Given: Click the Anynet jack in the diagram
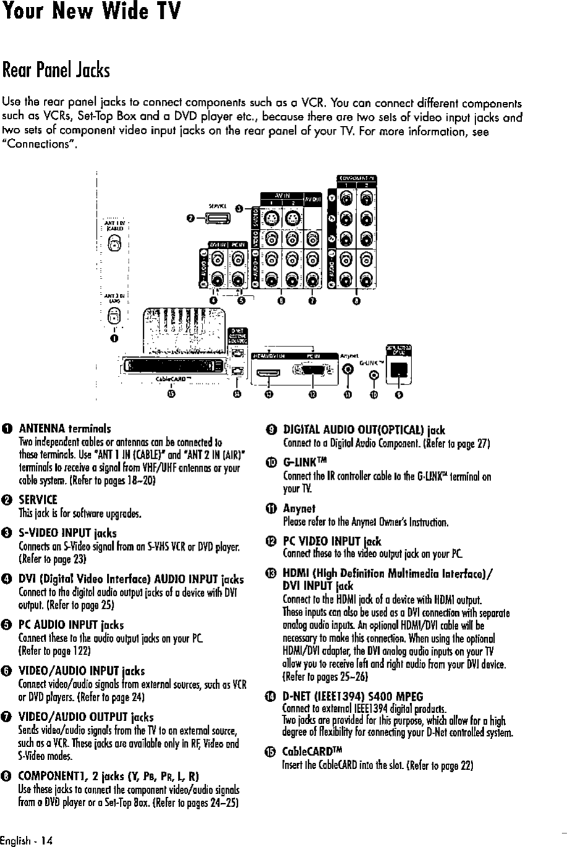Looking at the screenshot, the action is pyautogui.click(x=348, y=370).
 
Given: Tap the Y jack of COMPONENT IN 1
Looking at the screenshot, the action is pyautogui.click(x=348, y=199).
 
